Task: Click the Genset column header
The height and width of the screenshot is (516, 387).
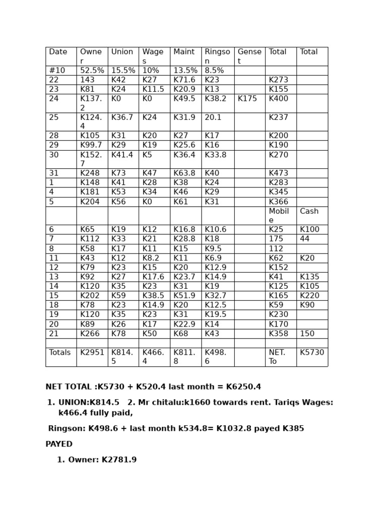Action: [249, 56]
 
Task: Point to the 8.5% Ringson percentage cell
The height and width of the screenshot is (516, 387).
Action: [214, 71]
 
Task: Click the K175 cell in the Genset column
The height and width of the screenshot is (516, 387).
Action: [247, 99]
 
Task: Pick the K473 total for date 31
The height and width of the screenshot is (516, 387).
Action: [279, 173]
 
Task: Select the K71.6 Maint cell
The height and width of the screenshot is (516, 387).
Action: [184, 80]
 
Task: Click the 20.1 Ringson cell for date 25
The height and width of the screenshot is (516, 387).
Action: [213, 117]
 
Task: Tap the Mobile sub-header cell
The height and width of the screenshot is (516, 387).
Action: [279, 216]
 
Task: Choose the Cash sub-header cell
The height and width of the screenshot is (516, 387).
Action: [309, 212]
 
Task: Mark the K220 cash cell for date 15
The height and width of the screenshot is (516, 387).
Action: [310, 296]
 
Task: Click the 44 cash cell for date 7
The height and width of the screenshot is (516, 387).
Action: [305, 239]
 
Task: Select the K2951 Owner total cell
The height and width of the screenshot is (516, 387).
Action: [92, 353]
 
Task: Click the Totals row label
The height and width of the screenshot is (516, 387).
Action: [60, 353]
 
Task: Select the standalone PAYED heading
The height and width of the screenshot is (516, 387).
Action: [59, 444]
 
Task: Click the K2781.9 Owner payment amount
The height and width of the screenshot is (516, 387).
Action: [119, 460]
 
